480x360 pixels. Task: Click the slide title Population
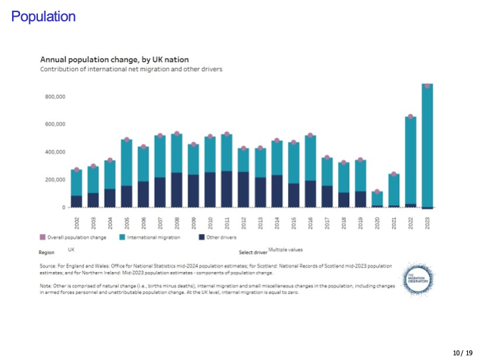[x=43, y=17]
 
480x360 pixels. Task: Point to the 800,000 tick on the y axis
[x=55, y=97]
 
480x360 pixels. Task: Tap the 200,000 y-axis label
[x=55, y=180]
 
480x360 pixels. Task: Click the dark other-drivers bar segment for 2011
[x=227, y=189]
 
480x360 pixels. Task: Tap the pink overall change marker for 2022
[x=411, y=117]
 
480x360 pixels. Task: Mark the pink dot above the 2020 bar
[x=377, y=192]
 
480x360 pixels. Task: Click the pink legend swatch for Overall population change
[x=43, y=237]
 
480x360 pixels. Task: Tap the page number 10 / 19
[x=462, y=352]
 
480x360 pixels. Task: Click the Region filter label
[x=47, y=252]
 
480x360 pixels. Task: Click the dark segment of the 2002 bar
[x=77, y=201]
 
